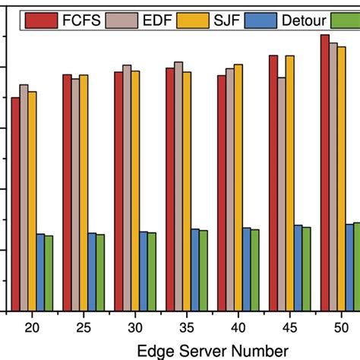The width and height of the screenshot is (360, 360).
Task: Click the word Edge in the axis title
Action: click(x=156, y=350)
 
